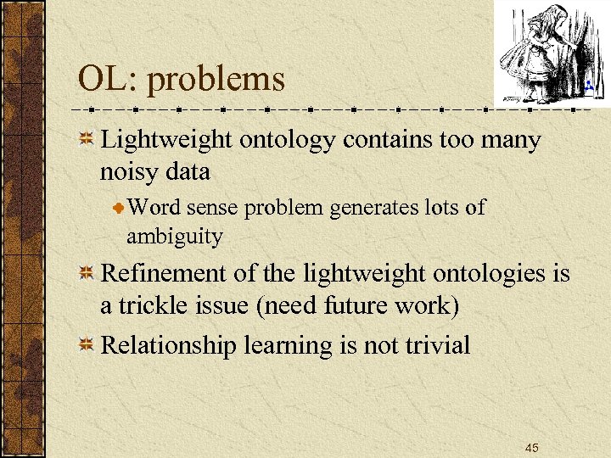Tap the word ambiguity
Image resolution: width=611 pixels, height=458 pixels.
click(x=174, y=236)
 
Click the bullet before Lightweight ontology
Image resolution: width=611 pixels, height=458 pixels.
click(x=86, y=141)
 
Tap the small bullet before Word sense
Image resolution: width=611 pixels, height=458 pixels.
click(x=119, y=209)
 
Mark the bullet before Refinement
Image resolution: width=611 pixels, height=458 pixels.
click(x=86, y=275)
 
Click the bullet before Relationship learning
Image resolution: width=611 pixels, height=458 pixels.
click(x=86, y=345)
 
